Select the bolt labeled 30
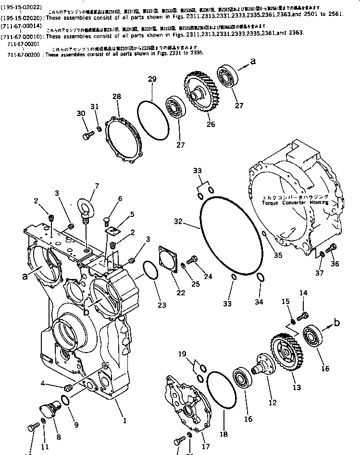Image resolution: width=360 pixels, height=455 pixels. pyautogui.click(x=88, y=136)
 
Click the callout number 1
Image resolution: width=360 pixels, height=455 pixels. pyautogui.click(x=124, y=421)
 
